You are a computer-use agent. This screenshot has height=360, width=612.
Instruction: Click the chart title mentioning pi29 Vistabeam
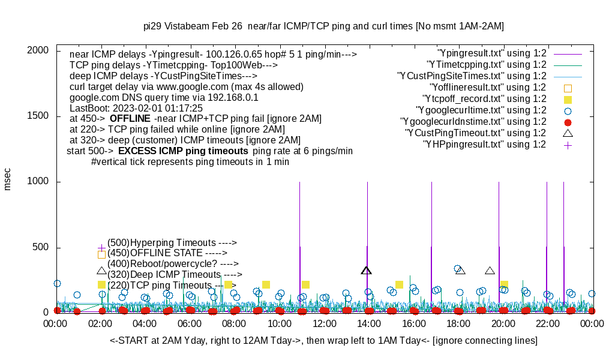coord(323,26)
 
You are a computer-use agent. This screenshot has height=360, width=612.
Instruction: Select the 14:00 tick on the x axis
coord(368,324)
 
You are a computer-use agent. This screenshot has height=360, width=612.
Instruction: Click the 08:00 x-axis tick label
coord(234,324)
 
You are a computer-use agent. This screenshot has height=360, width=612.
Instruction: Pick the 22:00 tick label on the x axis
coord(547,324)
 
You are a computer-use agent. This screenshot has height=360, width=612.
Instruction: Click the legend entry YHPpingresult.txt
coord(484,145)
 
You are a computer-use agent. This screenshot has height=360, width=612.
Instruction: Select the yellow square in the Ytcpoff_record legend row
coord(568,99)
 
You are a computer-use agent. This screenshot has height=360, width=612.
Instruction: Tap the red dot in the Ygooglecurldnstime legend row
coord(568,122)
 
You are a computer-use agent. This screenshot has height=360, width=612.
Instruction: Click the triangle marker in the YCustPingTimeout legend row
coord(568,133)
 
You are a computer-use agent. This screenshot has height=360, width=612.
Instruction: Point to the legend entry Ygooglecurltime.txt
coord(481,110)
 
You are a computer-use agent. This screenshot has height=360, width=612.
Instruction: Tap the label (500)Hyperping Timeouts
coord(172,242)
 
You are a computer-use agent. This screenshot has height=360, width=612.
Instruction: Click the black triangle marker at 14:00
coord(367,270)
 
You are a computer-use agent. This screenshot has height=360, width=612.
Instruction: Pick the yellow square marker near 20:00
coord(504,284)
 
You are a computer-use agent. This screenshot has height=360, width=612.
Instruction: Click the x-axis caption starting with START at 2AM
coord(323,340)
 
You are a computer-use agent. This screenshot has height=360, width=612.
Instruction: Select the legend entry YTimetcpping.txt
coord(487,65)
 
